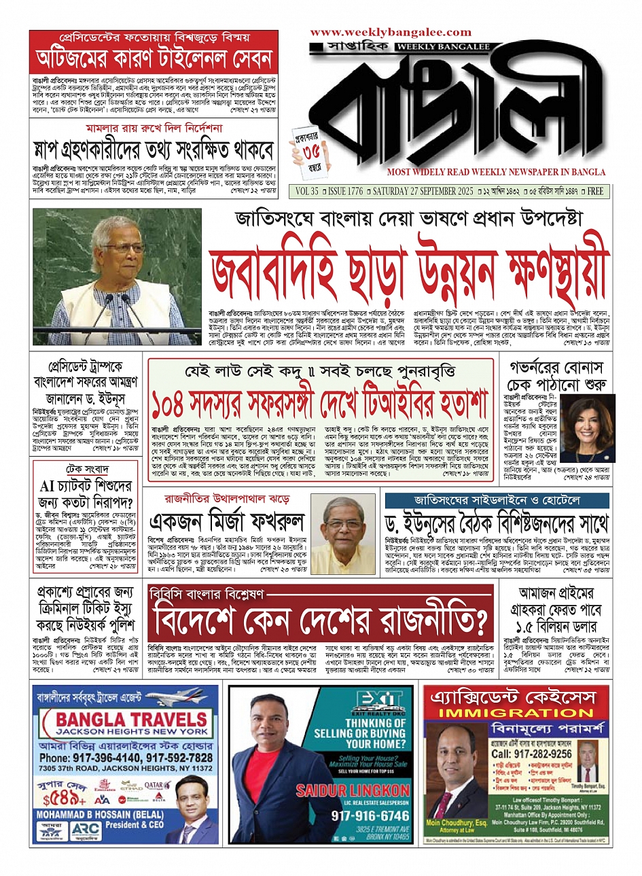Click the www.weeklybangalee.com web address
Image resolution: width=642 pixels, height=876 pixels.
tap(390, 32)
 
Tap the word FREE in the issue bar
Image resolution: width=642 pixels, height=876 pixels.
tap(595, 192)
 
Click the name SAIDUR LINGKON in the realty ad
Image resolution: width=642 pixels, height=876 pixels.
tap(353, 790)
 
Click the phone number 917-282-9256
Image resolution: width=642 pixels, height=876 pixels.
tap(531, 754)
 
